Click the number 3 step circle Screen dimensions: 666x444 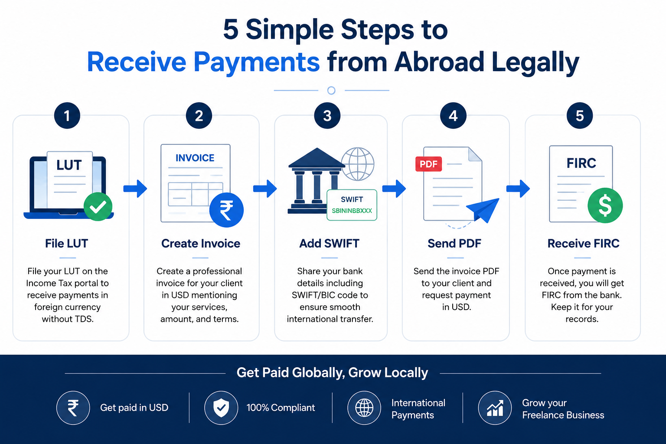[327, 116]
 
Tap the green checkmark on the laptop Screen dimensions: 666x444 [98, 207]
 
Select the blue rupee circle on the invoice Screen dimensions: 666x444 [226, 210]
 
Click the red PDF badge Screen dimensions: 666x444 [428, 164]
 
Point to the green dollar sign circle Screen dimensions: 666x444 [605, 206]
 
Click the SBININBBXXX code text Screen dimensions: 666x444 [352, 211]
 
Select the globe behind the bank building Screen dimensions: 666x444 [358, 164]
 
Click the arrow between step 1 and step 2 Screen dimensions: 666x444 [135, 189]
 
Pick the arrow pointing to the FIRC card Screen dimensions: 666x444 [518, 189]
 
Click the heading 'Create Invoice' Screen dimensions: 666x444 [201, 244]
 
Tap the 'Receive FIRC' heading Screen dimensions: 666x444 [583, 244]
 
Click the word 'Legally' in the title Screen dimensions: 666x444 [535, 63]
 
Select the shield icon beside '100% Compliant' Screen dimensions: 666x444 [221, 408]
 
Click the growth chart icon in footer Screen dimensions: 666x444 [495, 408]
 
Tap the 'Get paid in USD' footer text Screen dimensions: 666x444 [134, 408]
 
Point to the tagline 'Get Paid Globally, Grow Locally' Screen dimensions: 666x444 [332, 373]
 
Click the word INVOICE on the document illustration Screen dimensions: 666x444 [195, 158]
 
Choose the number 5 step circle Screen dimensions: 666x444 [579, 116]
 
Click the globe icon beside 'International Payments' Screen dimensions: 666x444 [364, 408]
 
